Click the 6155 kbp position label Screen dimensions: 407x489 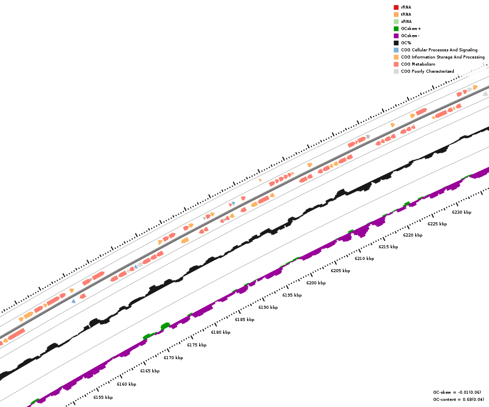click(103, 397)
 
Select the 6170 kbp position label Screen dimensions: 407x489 click(173, 358)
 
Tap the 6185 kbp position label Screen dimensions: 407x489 click(244, 319)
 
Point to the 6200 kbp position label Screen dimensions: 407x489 click(316, 283)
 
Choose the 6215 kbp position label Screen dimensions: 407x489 click(388, 247)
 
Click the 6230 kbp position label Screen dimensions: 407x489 click(461, 212)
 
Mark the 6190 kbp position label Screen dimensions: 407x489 click(268, 307)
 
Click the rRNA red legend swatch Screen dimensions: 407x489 click(396, 7)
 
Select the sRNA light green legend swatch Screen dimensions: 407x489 click(396, 21)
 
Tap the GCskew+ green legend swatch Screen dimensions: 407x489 click(396, 28)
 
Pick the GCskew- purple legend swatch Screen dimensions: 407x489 click(396, 36)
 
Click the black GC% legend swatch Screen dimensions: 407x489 click(396, 43)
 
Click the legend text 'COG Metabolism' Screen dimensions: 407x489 click(418, 64)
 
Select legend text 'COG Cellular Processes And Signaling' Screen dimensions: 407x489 click(439, 50)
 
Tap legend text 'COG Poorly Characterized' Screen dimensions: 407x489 click(427, 71)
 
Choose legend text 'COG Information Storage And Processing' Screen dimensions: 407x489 click(443, 57)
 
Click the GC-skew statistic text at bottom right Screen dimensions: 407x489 click(457, 392)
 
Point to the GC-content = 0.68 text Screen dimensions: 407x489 click(457, 399)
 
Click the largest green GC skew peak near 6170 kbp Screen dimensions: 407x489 click(165, 325)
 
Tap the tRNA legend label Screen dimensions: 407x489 click(406, 14)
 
